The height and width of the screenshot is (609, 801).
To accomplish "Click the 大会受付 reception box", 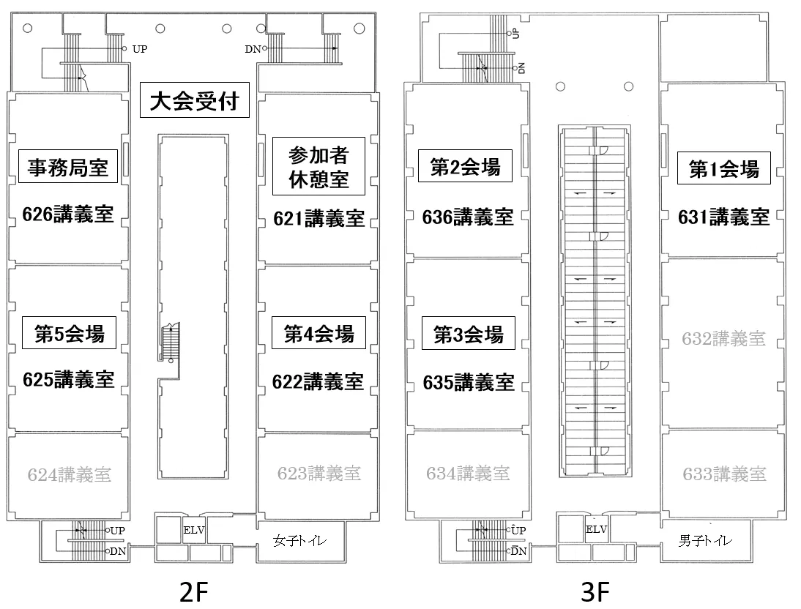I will (x=195, y=101).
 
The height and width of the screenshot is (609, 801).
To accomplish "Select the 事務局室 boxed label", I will (x=68, y=168).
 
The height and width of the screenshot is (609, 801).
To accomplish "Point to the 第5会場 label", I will (x=70, y=334).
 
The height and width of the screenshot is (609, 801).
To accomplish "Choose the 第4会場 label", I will (x=318, y=334).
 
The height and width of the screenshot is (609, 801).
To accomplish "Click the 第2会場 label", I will (x=465, y=168).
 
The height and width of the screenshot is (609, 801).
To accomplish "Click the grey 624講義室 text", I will (x=70, y=474).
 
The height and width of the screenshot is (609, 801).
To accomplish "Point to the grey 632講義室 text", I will (x=723, y=339).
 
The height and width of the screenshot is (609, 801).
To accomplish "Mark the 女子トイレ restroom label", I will (x=299, y=542).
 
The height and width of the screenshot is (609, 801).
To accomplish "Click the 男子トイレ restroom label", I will (x=704, y=542).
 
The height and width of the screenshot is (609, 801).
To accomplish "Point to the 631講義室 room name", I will (x=723, y=217).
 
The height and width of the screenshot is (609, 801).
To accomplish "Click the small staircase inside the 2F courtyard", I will (x=170, y=342).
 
